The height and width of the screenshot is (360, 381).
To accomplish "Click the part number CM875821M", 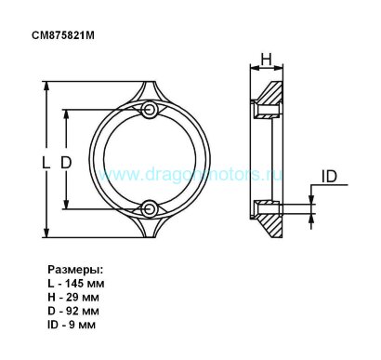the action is pos(63,35).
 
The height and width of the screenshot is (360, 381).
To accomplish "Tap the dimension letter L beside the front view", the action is pos(46,163).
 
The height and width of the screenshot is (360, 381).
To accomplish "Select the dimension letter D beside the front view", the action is pos(66,163).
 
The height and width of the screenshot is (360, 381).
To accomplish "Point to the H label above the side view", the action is pos(266,60).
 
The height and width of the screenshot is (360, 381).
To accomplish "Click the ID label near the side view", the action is pos(329,177).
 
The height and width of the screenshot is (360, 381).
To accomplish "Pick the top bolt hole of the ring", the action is pos(150,109).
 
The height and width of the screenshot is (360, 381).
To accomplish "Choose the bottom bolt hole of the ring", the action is pos(150,209).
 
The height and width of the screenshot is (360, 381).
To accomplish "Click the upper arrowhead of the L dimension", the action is pos(46,87).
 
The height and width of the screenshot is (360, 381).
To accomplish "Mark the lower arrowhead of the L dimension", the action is pos(46,233).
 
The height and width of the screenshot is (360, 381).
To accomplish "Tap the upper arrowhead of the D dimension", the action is pos(66,114).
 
